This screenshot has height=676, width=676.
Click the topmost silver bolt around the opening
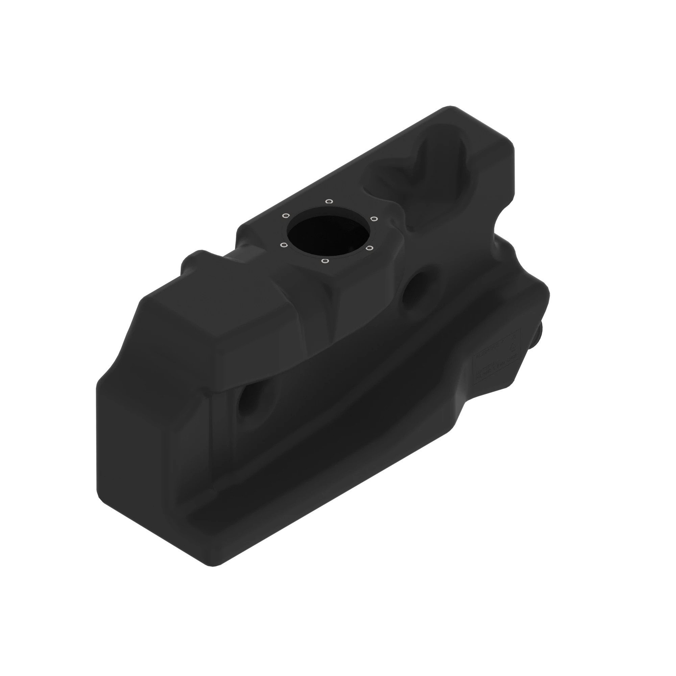(329, 201)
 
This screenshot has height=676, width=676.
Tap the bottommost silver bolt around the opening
(324, 261)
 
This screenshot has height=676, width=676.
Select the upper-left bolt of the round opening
(286, 215)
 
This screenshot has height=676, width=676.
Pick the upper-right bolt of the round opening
(374, 219)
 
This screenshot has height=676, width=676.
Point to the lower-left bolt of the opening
(284, 245)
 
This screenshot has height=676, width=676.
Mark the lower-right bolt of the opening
(370, 248)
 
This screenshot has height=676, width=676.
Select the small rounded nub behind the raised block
(194, 259)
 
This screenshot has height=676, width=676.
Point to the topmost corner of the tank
(450, 106)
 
